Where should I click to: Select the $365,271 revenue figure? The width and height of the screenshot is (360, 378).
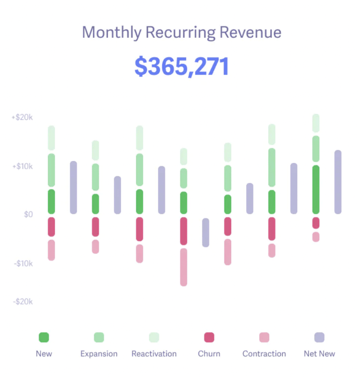182,67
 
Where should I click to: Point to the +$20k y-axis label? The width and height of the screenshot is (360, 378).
22,118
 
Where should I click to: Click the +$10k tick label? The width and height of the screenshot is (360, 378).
22,166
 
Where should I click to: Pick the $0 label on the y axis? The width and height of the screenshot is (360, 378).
28,214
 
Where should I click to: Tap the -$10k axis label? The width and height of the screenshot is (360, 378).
23,263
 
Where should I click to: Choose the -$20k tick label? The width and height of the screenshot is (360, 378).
23,301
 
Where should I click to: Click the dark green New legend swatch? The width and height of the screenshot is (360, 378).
44,338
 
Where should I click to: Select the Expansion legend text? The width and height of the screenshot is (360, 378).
99,354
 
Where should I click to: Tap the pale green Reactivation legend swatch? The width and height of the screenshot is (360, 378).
154,338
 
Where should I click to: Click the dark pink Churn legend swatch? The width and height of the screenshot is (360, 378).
209,338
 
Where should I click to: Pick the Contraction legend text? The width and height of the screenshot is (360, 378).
264,354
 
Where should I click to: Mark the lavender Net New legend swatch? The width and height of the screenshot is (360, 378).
319,338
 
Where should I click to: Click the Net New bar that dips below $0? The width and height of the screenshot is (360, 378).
205,232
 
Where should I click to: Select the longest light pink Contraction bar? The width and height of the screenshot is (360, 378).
184,267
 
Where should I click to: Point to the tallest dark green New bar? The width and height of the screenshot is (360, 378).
316,190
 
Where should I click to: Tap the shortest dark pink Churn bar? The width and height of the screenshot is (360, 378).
316,223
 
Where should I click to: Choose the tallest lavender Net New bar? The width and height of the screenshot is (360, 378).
338,182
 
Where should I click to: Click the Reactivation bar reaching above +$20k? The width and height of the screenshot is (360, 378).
316,123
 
